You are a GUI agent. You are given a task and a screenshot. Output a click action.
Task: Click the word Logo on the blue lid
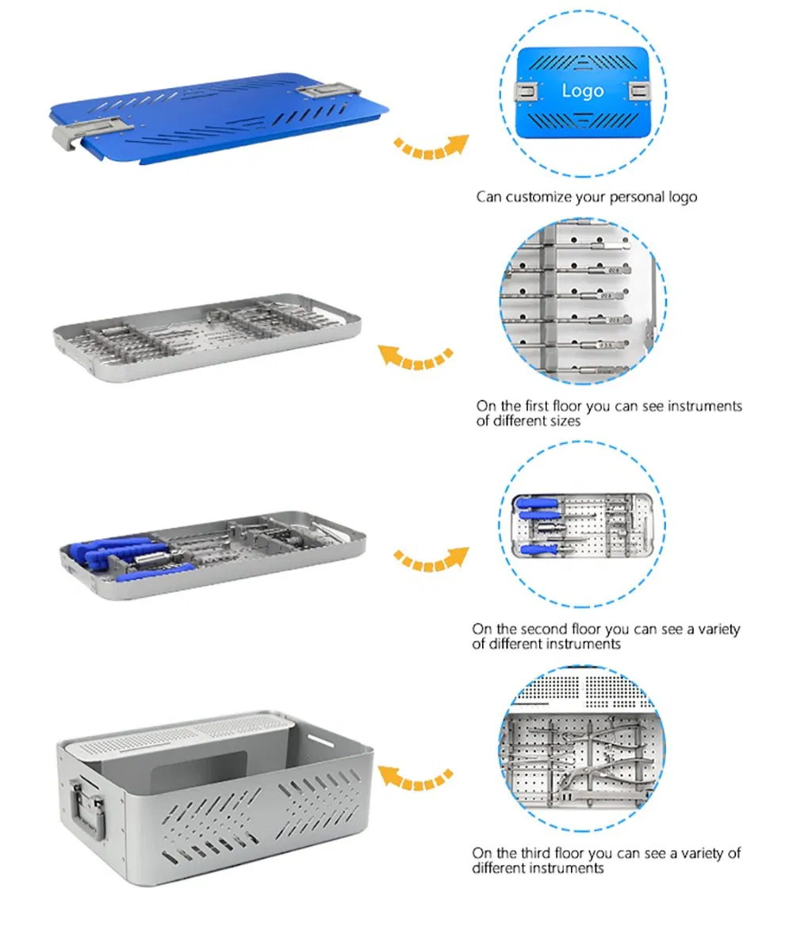(x=583, y=90)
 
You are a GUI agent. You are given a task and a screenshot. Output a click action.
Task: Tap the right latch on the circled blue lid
(x=638, y=91)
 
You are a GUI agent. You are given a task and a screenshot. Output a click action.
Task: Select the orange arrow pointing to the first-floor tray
(x=415, y=358)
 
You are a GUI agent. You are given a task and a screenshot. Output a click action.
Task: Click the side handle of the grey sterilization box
(x=90, y=809)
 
